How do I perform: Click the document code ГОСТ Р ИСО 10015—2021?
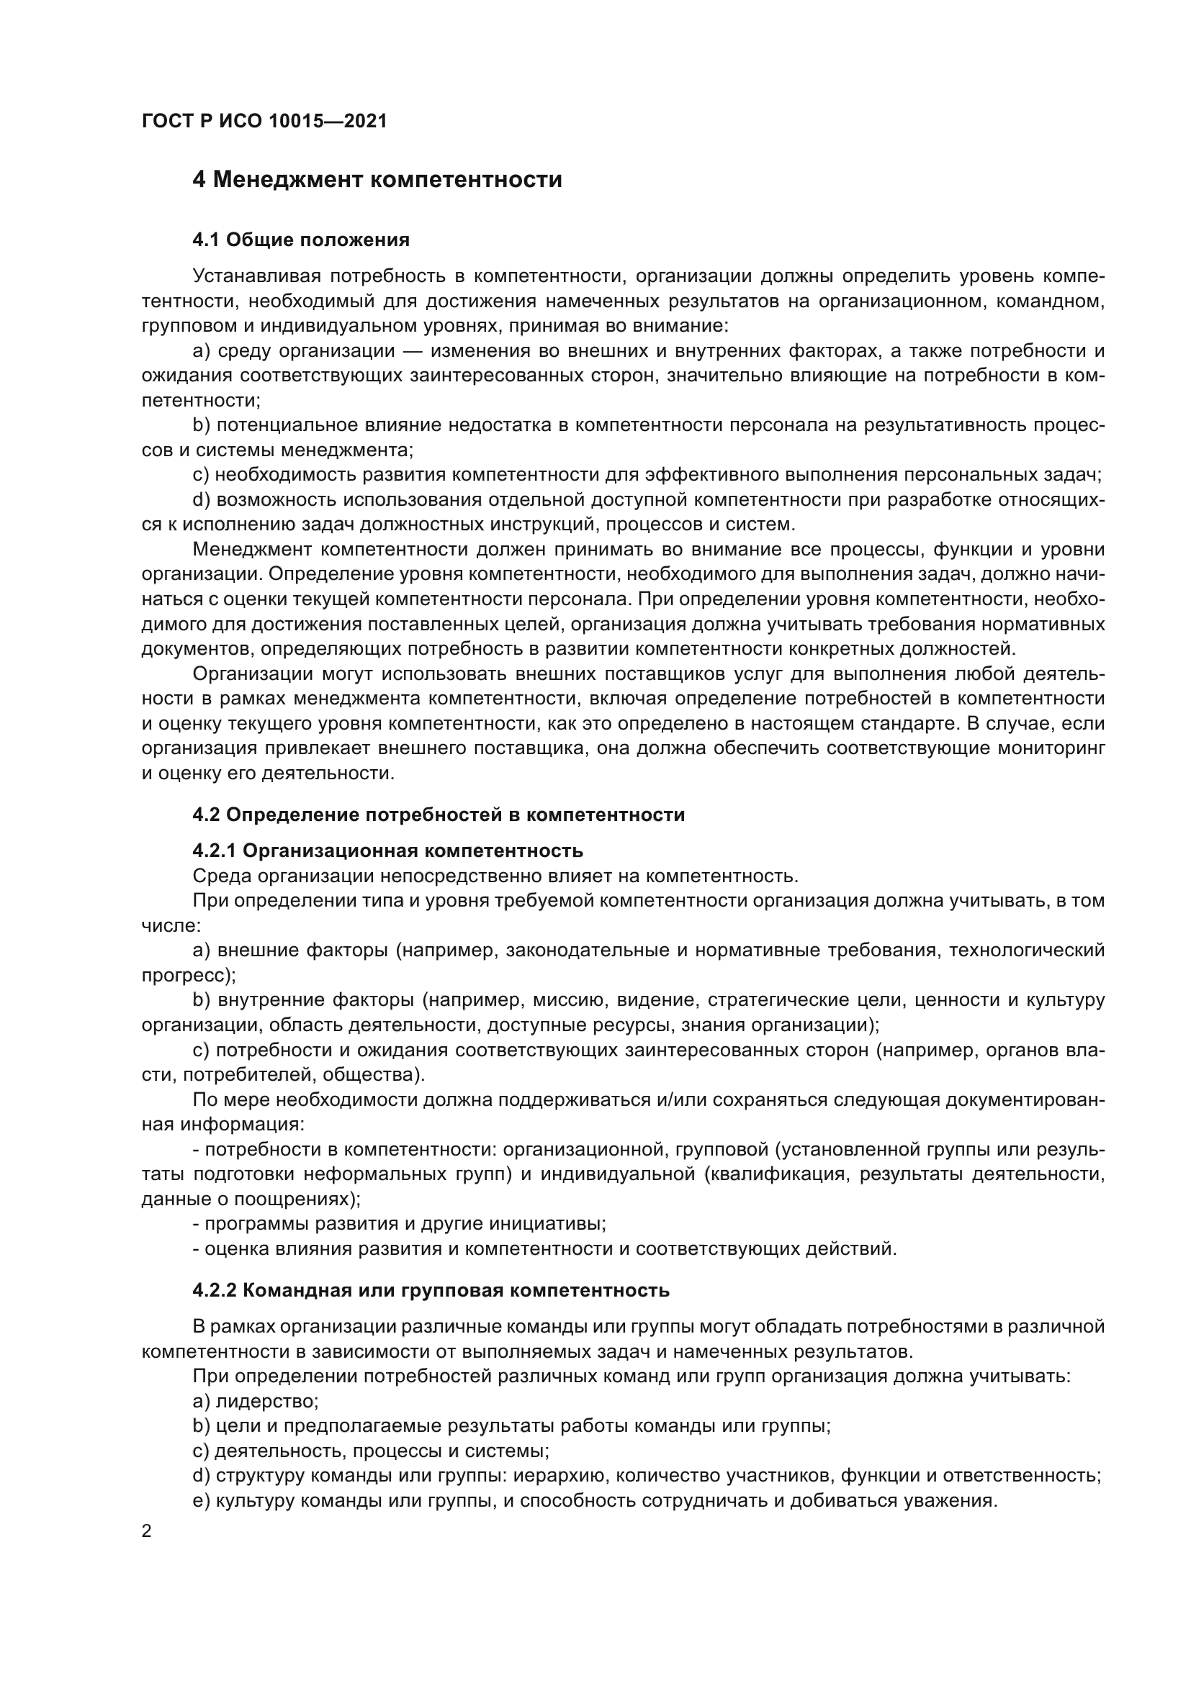pyautogui.click(x=264, y=121)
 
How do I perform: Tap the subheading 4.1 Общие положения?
pyautogui.click(x=301, y=240)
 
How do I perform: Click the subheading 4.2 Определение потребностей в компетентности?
pyautogui.click(x=439, y=815)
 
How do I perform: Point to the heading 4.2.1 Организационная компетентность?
pyautogui.click(x=388, y=850)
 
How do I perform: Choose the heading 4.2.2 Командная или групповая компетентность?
pyautogui.click(x=431, y=1290)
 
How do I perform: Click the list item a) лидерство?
pyautogui.click(x=255, y=1402)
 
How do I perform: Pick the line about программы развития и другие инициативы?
pyautogui.click(x=400, y=1223)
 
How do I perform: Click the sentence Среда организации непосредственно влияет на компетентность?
pyautogui.click(x=495, y=876)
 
